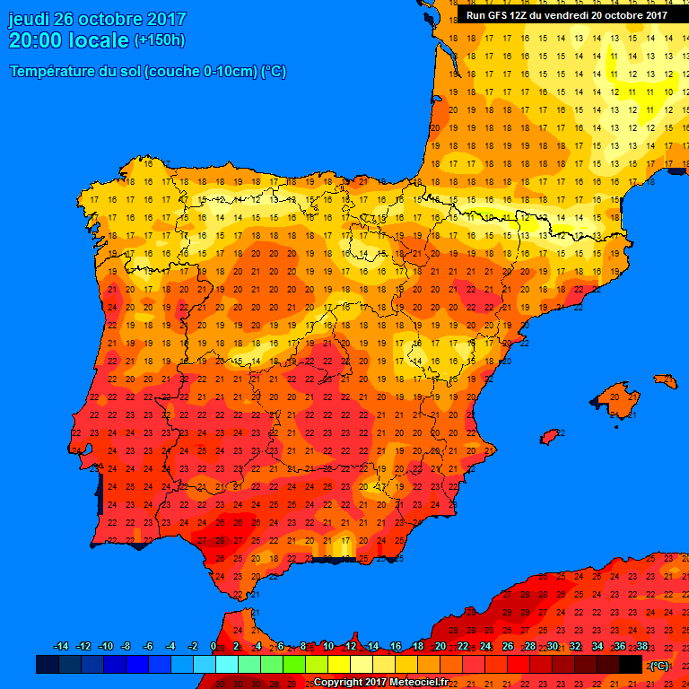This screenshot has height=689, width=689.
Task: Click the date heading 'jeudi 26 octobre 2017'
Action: [97, 19]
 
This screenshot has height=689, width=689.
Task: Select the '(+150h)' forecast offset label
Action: [159, 40]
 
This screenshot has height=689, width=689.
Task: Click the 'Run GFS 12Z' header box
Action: [566, 15]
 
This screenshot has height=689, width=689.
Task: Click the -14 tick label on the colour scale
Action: [61, 647]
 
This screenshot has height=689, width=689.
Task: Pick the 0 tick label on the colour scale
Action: [213, 647]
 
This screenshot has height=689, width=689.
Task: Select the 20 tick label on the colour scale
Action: [440, 647]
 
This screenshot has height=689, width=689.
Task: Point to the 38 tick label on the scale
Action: [641, 647]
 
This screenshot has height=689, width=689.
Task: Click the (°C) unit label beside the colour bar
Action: [658, 666]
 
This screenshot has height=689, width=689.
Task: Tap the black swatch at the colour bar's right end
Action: [631, 665]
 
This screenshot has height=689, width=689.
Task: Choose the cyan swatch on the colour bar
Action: [227, 665]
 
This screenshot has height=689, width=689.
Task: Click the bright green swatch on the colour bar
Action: [294, 665]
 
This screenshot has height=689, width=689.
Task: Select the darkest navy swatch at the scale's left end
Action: [48, 665]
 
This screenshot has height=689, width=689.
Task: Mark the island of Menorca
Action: [667, 380]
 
